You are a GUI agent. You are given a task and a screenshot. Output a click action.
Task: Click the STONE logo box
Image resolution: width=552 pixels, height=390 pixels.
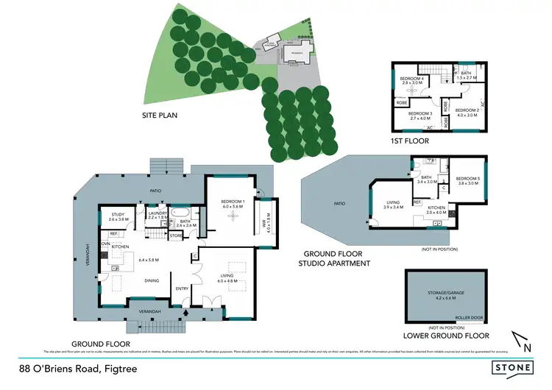pyautogui.click(x=514, y=367)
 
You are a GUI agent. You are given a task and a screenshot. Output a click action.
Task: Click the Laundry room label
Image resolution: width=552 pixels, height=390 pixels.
pyautogui.click(x=158, y=215)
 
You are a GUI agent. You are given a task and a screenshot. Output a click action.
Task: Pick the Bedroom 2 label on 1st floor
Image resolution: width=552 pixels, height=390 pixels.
pyautogui.click(x=467, y=112)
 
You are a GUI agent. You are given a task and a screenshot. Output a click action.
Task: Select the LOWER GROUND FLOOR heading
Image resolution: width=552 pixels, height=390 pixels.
pyautogui.click(x=446, y=336)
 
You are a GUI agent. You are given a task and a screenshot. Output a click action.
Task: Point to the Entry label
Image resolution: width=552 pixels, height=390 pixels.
pyautogui.click(x=180, y=288)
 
